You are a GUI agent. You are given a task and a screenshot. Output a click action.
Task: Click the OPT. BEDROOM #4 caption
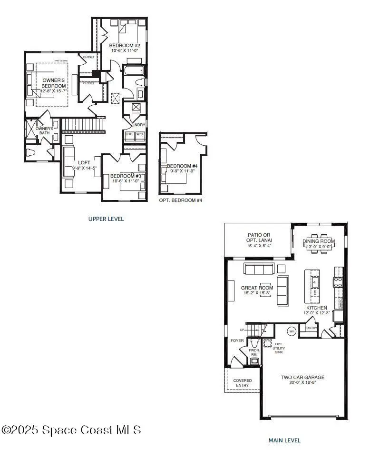[x=181, y=200]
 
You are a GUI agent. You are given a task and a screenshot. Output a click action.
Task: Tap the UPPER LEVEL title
[x=106, y=219]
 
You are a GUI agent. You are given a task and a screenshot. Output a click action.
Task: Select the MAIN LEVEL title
[x=284, y=440]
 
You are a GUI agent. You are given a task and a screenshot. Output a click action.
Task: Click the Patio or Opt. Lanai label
[x=259, y=238]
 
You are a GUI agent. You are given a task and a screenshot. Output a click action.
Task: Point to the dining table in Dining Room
[x=319, y=241]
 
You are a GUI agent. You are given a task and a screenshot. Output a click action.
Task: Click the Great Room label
[x=257, y=288]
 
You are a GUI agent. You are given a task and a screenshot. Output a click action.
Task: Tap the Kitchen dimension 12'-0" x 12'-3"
[x=318, y=313]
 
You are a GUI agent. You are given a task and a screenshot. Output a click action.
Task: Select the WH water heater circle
[x=292, y=331]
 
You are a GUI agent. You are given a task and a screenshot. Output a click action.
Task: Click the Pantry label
[x=311, y=328]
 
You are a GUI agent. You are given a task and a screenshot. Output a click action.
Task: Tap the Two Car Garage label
[x=302, y=377]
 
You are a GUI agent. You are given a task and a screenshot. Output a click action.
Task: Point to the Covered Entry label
[x=243, y=383]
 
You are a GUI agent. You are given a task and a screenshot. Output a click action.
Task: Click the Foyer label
[x=237, y=340]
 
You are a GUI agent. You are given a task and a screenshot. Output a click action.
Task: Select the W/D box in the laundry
[x=140, y=134]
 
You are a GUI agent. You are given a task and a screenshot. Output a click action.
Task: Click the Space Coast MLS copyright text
[x=71, y=430]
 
